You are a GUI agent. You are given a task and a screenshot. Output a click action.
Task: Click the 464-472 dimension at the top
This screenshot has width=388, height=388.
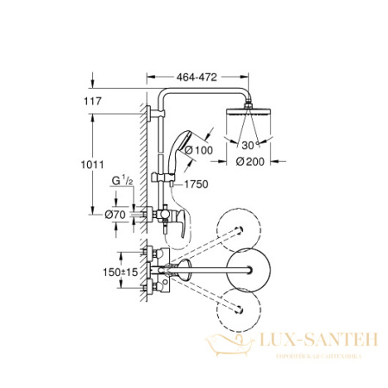(197, 77)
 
